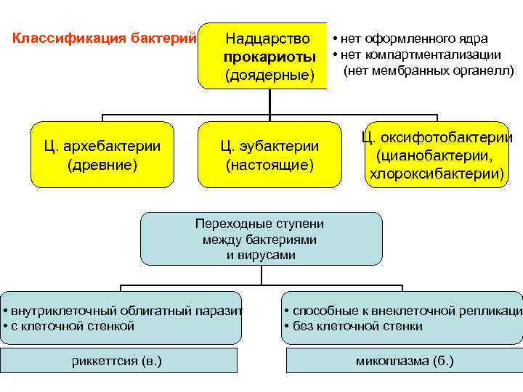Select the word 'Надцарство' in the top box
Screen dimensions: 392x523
(x=269, y=38)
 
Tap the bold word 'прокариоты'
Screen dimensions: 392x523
(x=269, y=57)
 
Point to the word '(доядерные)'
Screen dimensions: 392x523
(x=269, y=75)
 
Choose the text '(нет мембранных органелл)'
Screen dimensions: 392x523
(x=429, y=71)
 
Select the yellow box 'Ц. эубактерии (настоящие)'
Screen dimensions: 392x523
(x=269, y=155)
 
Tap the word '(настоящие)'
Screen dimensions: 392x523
(x=269, y=165)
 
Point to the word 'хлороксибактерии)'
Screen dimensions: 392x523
(x=437, y=174)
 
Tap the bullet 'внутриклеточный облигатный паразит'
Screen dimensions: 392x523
(x=123, y=311)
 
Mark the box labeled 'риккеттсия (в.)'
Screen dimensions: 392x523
(x=118, y=361)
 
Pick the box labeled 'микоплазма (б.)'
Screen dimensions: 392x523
(x=405, y=361)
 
